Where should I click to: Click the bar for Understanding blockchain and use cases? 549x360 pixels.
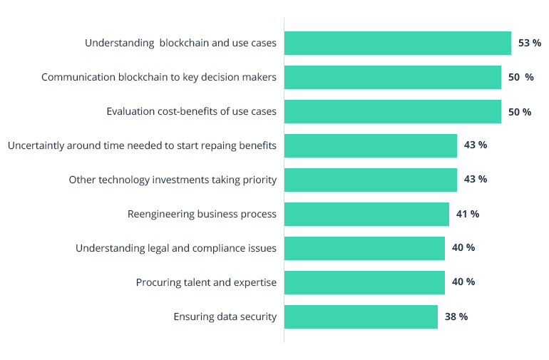(398, 43)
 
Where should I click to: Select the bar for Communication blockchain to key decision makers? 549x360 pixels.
(393, 77)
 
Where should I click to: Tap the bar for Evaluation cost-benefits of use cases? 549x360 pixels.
(393, 112)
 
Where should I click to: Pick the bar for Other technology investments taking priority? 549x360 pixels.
(371, 180)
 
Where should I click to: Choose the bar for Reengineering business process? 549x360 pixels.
(366, 214)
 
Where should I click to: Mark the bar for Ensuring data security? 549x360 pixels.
(361, 317)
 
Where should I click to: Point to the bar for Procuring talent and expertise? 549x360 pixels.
(364, 282)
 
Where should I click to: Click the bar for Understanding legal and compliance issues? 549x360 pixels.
(364, 248)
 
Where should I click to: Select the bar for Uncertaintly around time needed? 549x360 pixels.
(371, 145)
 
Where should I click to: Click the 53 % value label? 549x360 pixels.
(530, 43)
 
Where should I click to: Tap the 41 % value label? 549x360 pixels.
(468, 214)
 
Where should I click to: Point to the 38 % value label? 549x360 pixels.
(456, 317)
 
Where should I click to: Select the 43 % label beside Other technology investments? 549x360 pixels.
(476, 180)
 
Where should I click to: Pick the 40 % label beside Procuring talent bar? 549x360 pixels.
(463, 282)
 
